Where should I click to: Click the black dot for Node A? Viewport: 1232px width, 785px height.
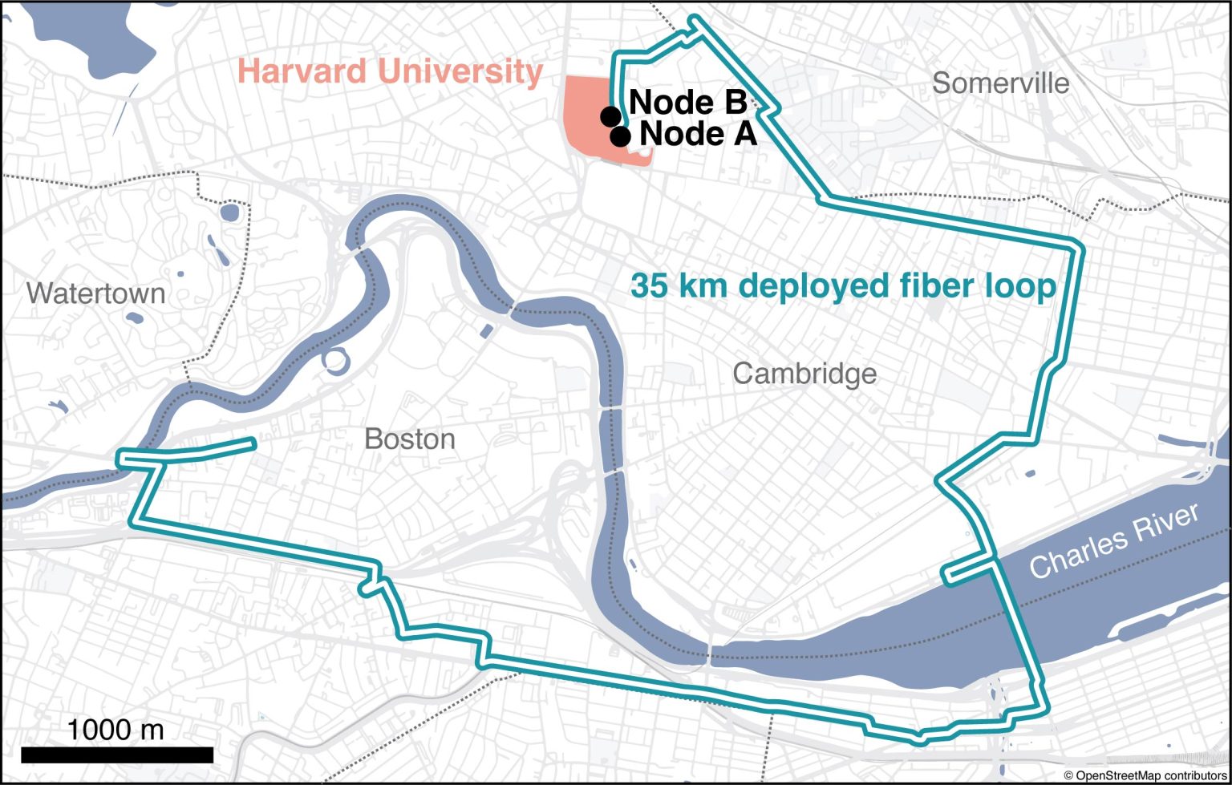(620, 136)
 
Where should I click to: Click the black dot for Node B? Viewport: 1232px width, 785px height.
(610, 116)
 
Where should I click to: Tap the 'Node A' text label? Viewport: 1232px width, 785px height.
(698, 135)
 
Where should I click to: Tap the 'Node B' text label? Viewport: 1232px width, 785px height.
(688, 102)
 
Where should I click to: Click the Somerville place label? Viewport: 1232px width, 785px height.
(1000, 83)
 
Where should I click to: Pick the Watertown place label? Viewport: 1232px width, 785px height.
(95, 293)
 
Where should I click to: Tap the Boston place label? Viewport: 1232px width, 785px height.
(409, 439)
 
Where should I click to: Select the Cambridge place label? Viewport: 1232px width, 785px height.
(804, 374)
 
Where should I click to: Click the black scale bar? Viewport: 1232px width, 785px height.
(116, 755)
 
